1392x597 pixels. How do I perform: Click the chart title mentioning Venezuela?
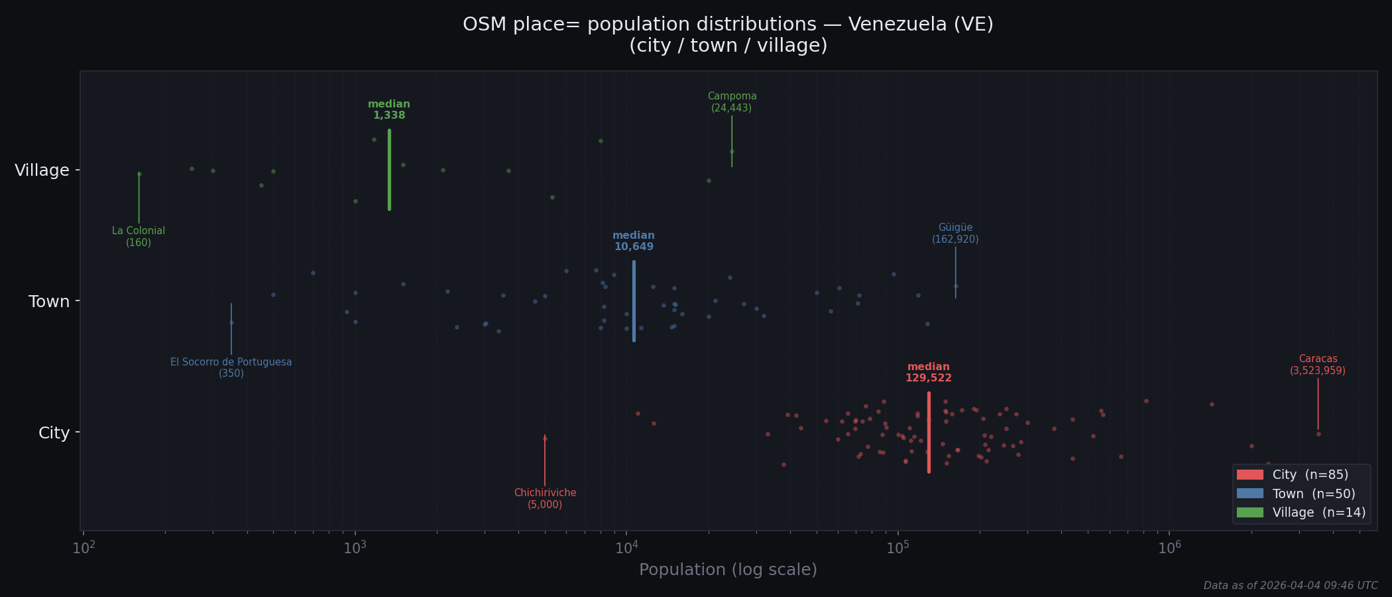[728, 34]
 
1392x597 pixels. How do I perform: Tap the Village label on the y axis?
[42, 170]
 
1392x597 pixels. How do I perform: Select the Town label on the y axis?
[49, 302]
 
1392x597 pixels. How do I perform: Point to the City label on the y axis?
[54, 433]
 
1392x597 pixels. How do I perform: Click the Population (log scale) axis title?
[728, 570]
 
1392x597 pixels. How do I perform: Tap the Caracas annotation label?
[1317, 365]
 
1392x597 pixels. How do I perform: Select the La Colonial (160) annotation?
[139, 237]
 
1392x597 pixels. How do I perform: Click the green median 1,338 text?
[389, 110]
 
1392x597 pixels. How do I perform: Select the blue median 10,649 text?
[634, 241]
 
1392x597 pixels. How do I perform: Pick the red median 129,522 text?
[928, 373]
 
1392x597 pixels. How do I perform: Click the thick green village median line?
[389, 170]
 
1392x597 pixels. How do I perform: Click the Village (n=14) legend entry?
[1299, 513]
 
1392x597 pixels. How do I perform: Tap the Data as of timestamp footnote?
[1290, 586]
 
